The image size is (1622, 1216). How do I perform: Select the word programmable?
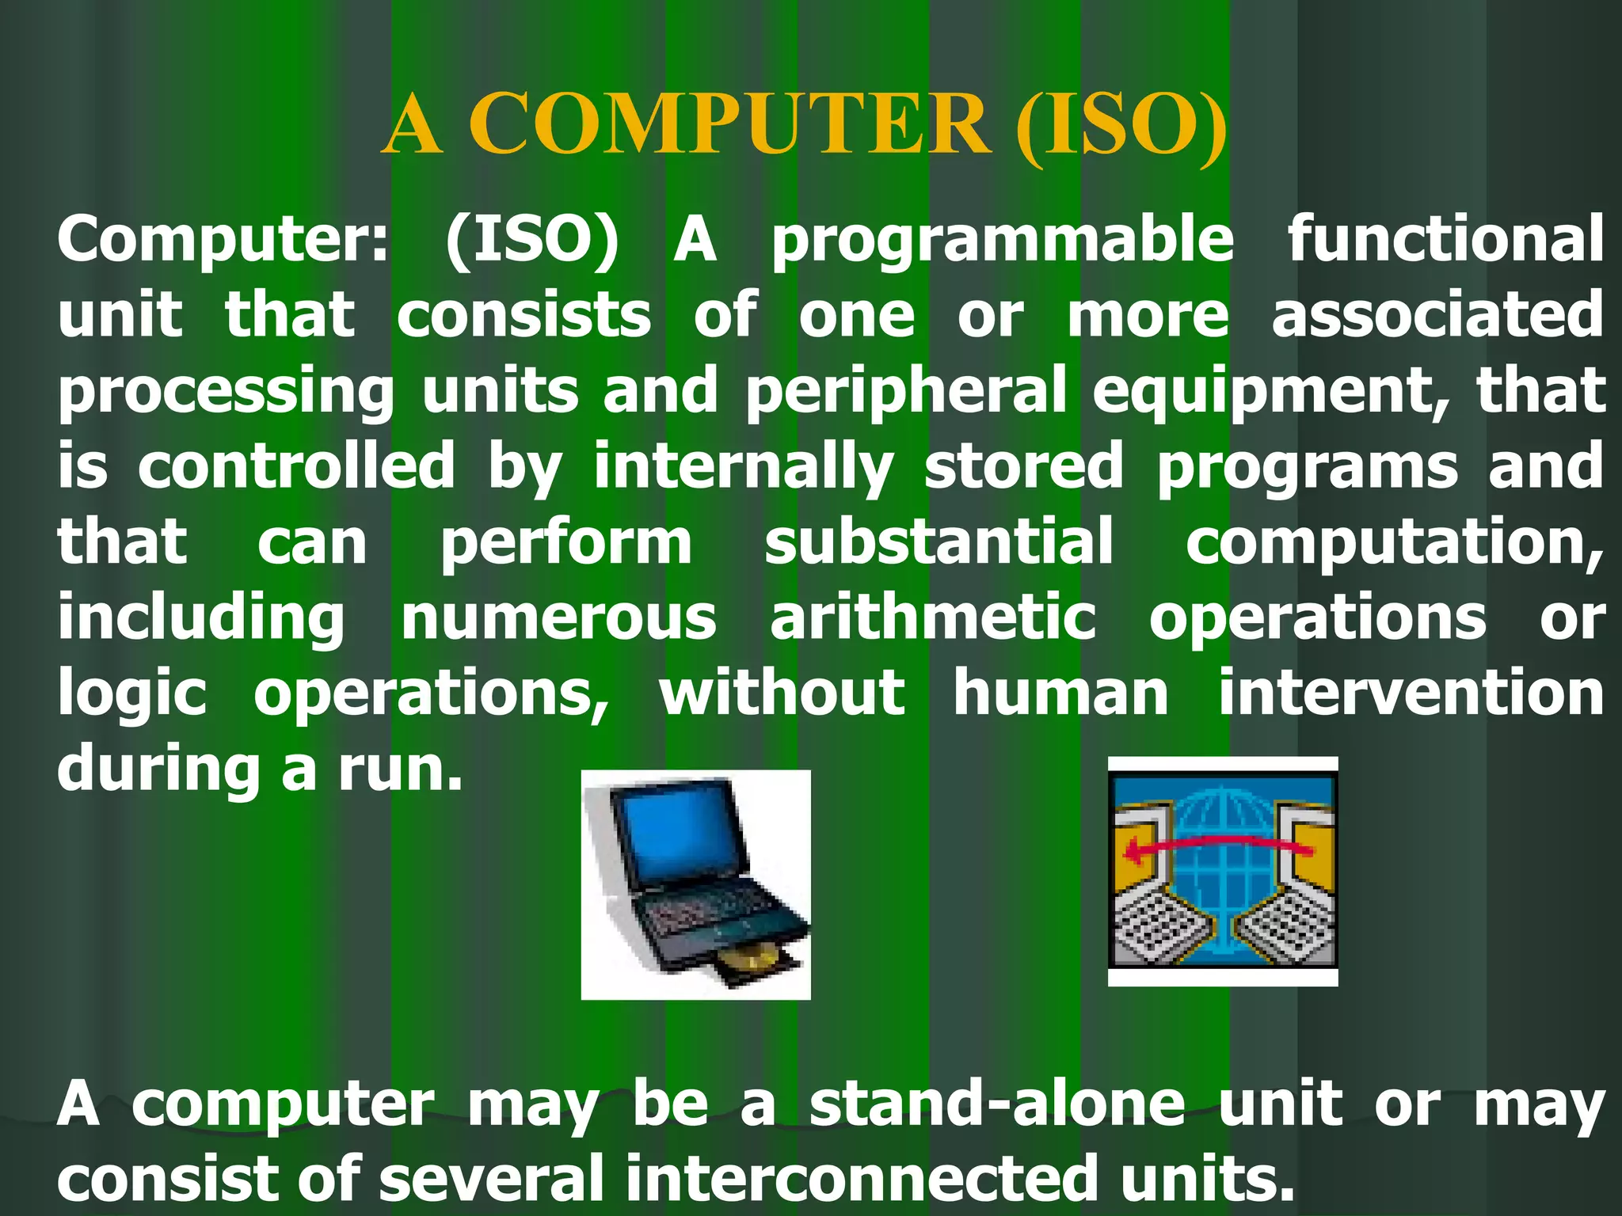[1003, 241]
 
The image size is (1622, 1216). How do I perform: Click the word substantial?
[939, 542]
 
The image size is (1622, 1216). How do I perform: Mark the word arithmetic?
[933, 618]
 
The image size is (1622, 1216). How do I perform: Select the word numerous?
[558, 618]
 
